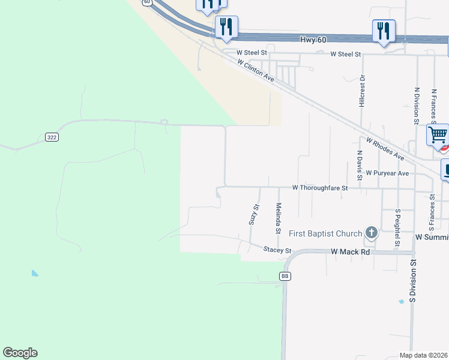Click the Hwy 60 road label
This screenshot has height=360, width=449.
(x=313, y=40)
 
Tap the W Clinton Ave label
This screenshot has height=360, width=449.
(x=255, y=70)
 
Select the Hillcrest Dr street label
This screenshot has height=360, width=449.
(x=362, y=91)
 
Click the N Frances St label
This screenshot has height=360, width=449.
(x=433, y=107)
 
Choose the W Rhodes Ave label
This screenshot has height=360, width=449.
(x=385, y=148)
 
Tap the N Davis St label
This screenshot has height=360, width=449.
(x=360, y=164)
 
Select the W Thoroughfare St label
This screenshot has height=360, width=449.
(x=320, y=188)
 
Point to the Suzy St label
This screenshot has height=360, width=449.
(x=254, y=214)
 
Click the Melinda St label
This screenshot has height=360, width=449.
(x=279, y=218)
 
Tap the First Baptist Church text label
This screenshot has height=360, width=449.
(x=325, y=233)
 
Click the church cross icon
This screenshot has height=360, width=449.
(x=372, y=233)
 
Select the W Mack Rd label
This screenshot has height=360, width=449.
(x=351, y=252)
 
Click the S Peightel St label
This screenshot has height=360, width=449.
(x=397, y=228)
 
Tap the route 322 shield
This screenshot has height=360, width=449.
(x=52, y=137)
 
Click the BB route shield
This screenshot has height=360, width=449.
(x=285, y=275)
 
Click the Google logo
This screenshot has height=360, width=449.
(x=20, y=353)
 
